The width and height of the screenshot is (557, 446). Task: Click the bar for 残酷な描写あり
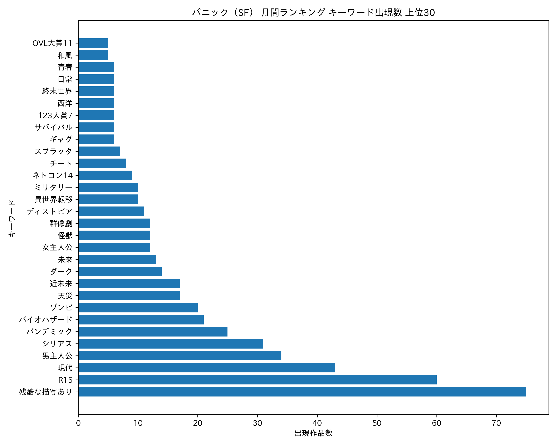(302, 392)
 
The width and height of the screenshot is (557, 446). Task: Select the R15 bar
(257, 380)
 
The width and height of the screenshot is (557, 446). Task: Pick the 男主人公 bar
(180, 355)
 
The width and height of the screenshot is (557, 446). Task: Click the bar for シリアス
(171, 344)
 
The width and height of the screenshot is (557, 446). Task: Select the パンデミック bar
(153, 331)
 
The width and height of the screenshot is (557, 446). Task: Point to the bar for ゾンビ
(138, 308)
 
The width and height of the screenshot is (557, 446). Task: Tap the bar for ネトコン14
(105, 175)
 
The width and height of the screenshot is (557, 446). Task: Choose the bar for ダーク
(120, 271)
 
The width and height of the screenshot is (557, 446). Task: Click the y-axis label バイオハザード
(46, 320)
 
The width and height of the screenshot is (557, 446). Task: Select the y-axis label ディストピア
(49, 211)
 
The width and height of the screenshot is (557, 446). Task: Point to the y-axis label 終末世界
(57, 91)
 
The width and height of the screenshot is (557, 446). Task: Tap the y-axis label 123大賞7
(55, 115)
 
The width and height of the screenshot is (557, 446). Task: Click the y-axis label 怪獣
(65, 235)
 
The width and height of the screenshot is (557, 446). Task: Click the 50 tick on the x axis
(377, 423)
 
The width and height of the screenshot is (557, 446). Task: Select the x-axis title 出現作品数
(313, 433)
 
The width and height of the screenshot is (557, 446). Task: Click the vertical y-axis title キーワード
(12, 219)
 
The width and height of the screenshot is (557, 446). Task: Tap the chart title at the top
(313, 12)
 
